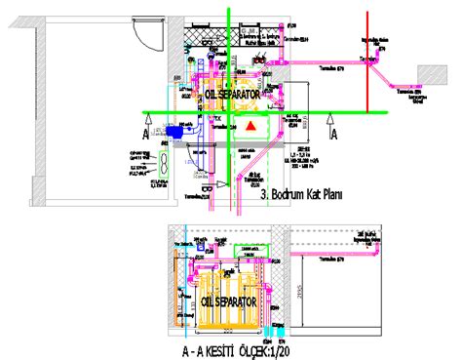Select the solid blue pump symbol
(178, 129)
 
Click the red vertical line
(366, 59)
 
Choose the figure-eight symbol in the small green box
(165, 158)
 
